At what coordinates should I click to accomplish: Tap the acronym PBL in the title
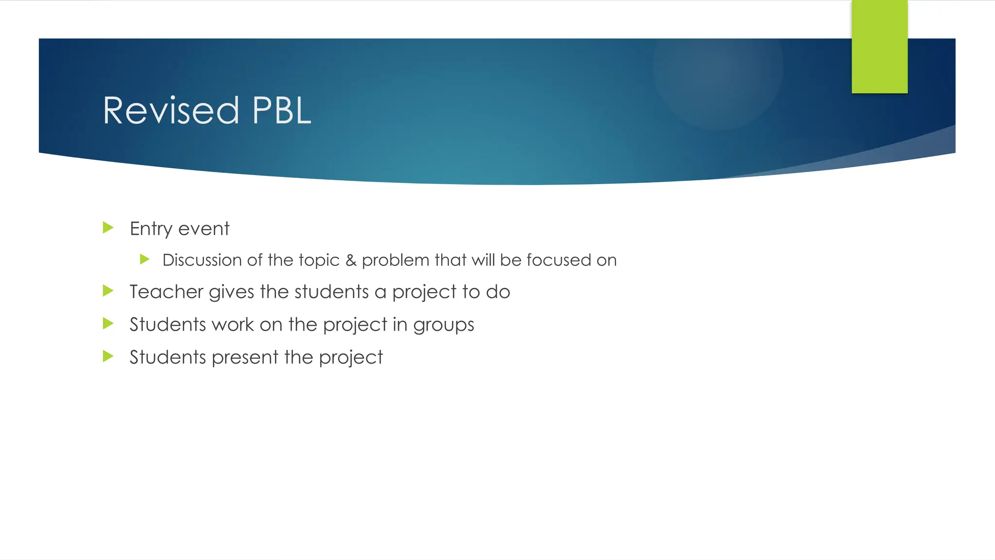pos(281,111)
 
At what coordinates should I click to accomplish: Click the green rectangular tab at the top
pos(879,47)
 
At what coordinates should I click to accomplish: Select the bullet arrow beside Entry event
pos(108,227)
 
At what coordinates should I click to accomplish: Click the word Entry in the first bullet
pos(151,229)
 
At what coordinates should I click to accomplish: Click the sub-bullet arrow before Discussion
pos(144,259)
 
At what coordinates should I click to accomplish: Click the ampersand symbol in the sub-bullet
pos(351,260)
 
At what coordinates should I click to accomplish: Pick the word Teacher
pos(166,292)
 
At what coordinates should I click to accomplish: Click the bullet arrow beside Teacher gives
pos(108,291)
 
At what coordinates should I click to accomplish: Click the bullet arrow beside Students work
pos(108,323)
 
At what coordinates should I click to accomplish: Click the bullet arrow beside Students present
pos(108,356)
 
